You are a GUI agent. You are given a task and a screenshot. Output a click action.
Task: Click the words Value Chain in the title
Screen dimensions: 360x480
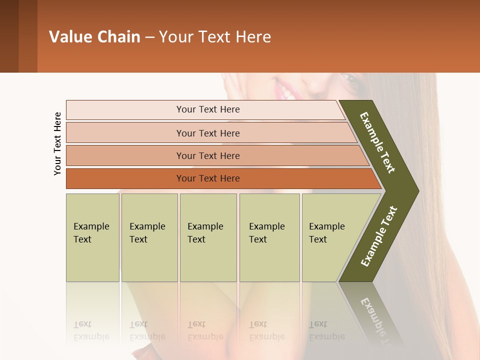pos(94,37)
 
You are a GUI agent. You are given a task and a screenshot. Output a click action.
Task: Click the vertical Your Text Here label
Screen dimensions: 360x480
pos(57,143)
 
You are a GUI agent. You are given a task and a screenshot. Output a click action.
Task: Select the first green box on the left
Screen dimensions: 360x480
pos(92,237)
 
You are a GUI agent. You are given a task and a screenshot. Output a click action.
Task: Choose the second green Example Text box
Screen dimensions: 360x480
pos(149,237)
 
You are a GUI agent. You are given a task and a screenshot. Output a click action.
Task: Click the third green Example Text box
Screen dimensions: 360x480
pos(208,237)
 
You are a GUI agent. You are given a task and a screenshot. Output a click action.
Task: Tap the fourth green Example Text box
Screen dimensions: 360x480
pos(269,237)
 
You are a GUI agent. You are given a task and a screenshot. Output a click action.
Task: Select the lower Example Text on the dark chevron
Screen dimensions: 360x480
pos(379,236)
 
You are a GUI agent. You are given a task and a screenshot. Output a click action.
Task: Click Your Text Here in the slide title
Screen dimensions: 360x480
pos(215,37)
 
